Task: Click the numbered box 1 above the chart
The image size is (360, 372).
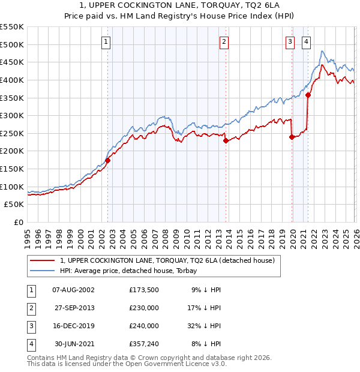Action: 106,42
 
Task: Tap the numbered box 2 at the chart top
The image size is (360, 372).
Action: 224,42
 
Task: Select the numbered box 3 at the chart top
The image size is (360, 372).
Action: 290,42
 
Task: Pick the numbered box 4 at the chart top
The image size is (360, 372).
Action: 306,42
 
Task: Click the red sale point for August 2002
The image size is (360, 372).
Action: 108,160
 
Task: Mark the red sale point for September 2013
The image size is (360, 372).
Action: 226,141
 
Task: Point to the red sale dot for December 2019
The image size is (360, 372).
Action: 292,137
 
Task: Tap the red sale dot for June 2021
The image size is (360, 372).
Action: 308,95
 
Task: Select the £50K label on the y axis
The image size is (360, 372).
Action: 14,205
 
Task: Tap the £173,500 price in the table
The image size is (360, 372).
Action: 144,289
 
